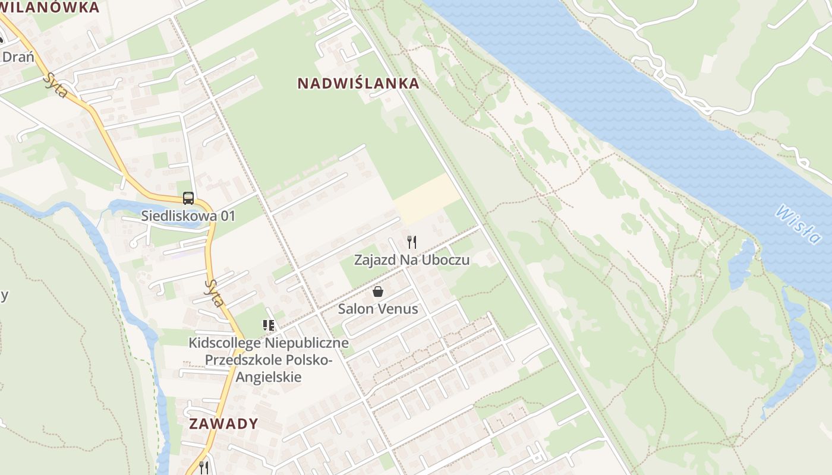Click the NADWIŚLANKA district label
point(358,84)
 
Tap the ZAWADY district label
point(224,424)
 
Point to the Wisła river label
point(798,224)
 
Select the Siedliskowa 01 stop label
point(188,216)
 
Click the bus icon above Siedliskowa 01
point(188,198)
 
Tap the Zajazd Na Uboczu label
point(412,260)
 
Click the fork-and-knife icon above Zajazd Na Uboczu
point(411,242)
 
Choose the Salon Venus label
point(378,309)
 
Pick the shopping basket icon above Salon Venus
point(377,292)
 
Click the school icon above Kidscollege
point(269,325)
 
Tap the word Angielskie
point(269,377)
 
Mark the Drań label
point(18,58)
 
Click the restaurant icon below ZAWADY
point(204,467)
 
